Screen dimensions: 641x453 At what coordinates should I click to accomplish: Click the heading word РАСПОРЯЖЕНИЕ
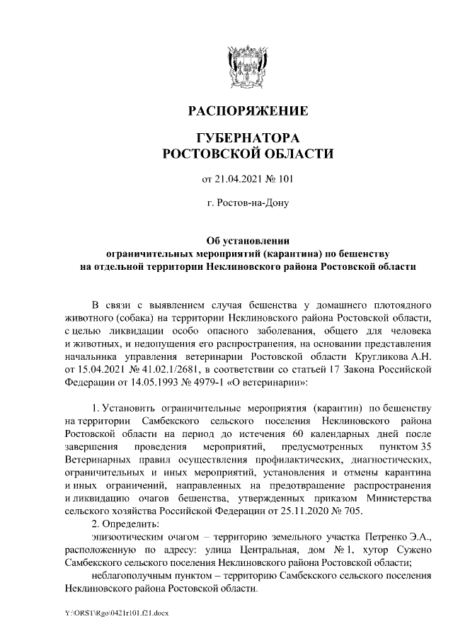coord(247,111)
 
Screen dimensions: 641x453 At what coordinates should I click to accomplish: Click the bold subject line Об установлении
coord(247,240)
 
